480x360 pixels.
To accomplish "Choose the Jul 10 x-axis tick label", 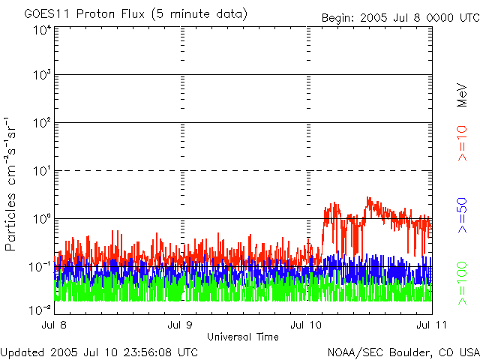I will click(309, 325).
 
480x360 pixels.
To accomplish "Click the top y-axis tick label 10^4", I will click(40, 31).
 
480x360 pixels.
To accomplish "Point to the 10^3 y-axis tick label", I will click(40, 75).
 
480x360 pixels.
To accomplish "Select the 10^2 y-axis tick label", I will click(40, 123).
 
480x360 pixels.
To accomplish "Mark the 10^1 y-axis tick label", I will click(40, 171).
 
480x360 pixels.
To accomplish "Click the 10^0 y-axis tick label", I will click(40, 219).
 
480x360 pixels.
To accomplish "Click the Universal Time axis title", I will click(242, 337).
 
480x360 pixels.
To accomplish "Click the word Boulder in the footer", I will click(406, 352).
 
